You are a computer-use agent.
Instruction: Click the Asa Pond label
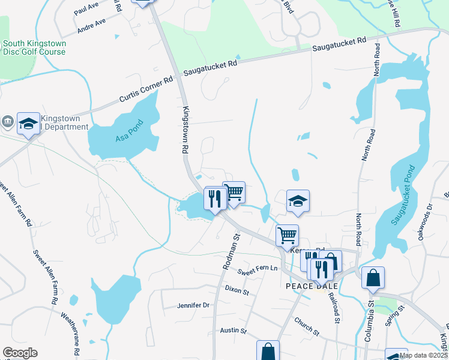[127, 138]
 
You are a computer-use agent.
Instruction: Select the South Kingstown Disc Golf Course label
[34, 48]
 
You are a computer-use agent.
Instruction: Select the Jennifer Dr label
[193, 305]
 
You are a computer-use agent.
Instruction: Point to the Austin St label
[234, 331]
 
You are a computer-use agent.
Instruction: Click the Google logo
[20, 353]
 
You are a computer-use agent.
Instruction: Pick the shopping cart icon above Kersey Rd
[288, 235]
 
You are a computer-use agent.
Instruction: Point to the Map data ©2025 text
[423, 355]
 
